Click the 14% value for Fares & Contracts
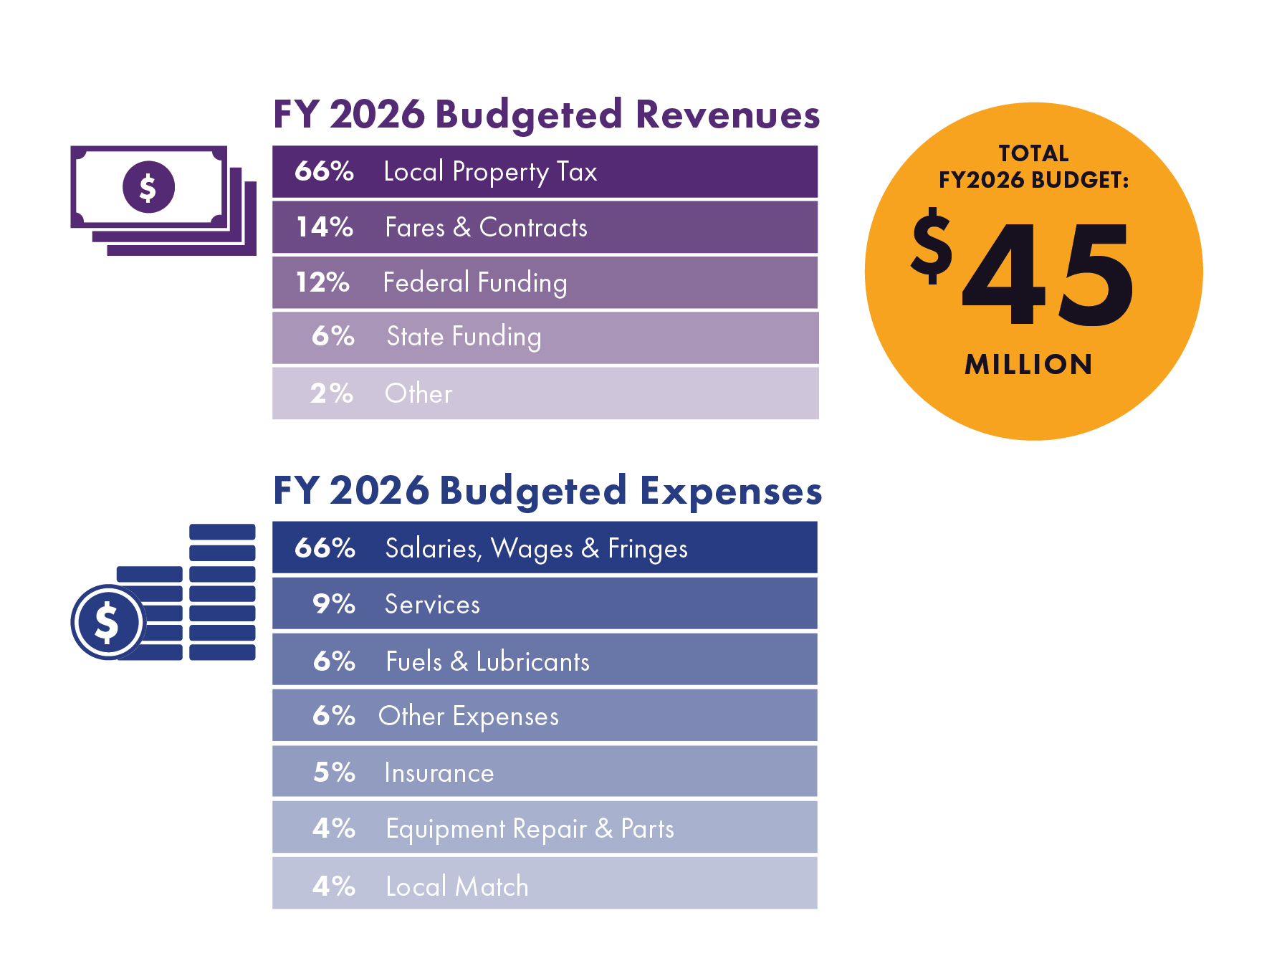325,227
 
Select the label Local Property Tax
490,172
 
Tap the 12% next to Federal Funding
322,282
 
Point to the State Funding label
464,337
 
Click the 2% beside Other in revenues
332,393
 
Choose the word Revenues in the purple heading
727,115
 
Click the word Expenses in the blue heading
730,492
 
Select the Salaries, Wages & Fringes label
536,549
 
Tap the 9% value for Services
334,604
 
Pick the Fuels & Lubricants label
487,661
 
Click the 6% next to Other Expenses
334,716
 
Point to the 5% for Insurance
334,773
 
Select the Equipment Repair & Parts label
530,829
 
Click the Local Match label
456,887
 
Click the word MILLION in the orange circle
1028,365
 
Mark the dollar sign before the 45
932,246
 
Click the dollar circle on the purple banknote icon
148,187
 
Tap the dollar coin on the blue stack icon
107,622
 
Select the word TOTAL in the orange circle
1033,153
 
